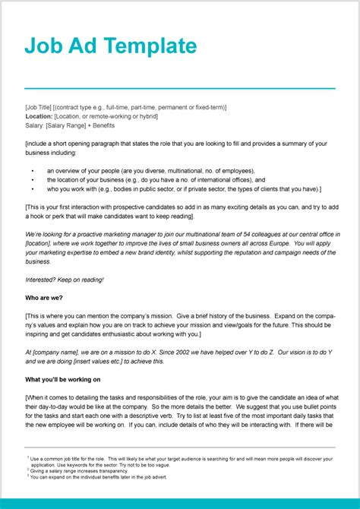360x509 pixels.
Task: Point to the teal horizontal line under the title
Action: pos(179,88)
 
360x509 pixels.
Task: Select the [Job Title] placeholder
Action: pos(40,107)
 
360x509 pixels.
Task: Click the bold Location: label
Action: pos(39,116)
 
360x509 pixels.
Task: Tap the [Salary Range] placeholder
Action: pos(68,125)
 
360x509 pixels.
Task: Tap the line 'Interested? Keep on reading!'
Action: pos(65,279)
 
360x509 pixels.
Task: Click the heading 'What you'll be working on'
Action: pos(62,379)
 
